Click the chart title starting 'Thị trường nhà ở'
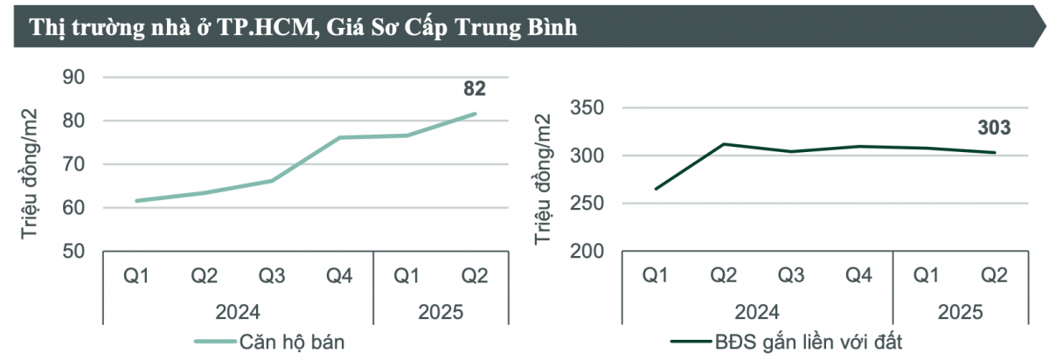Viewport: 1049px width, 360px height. click(x=304, y=27)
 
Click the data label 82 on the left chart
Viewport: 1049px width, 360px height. click(x=475, y=88)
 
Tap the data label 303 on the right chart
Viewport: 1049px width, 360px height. click(x=994, y=128)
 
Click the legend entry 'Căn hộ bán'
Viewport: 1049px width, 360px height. click(x=292, y=343)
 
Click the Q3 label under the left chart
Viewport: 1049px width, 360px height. click(x=272, y=276)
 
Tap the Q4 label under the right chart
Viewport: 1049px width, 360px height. click(x=858, y=276)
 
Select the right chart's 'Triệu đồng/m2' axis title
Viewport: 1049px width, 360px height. click(x=544, y=180)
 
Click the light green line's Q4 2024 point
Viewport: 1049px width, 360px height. click(x=339, y=137)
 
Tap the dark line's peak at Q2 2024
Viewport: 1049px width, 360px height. click(x=723, y=144)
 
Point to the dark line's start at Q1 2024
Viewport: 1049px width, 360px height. click(x=655, y=189)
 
